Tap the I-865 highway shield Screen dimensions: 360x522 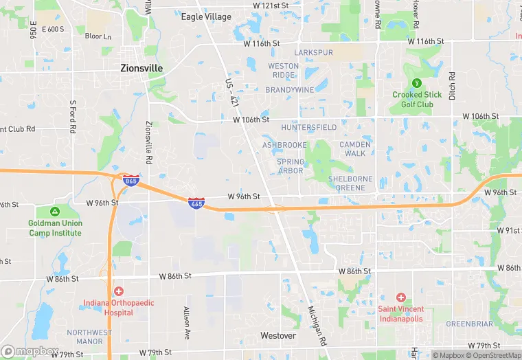coord(130,180)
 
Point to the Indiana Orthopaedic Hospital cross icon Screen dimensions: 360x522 coord(118,292)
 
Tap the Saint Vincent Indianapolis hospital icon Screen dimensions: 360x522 coord(400,297)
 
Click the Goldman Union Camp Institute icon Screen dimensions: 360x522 coord(55,211)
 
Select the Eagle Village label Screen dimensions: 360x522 coord(206,16)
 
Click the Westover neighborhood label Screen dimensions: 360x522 coord(278,336)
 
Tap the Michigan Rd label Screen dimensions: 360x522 coord(317,326)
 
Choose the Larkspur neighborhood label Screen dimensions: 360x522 coord(313,52)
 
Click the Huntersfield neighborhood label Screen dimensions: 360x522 coord(309,128)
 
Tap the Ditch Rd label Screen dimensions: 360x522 coord(453,86)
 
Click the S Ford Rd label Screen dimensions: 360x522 coord(72,116)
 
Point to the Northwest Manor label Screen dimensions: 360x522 coord(89,337)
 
